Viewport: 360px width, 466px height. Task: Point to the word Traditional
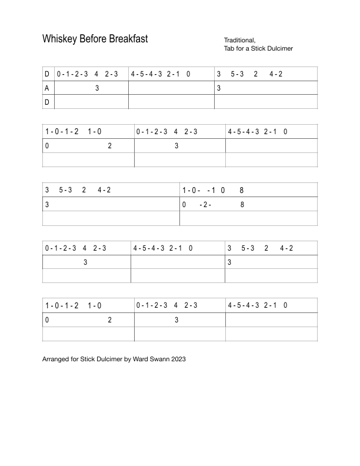(x=239, y=40)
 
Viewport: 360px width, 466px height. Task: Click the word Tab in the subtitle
(x=229, y=48)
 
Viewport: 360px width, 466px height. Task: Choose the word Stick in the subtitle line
(x=256, y=48)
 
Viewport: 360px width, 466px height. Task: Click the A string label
(x=46, y=88)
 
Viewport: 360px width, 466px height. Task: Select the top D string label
(x=46, y=74)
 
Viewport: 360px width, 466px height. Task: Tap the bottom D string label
(x=46, y=102)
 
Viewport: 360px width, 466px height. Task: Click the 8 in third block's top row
(x=242, y=190)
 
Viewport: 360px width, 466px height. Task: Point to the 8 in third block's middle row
(x=242, y=205)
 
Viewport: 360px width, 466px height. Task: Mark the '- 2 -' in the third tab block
(x=206, y=205)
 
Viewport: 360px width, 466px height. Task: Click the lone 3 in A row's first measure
(x=97, y=88)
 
